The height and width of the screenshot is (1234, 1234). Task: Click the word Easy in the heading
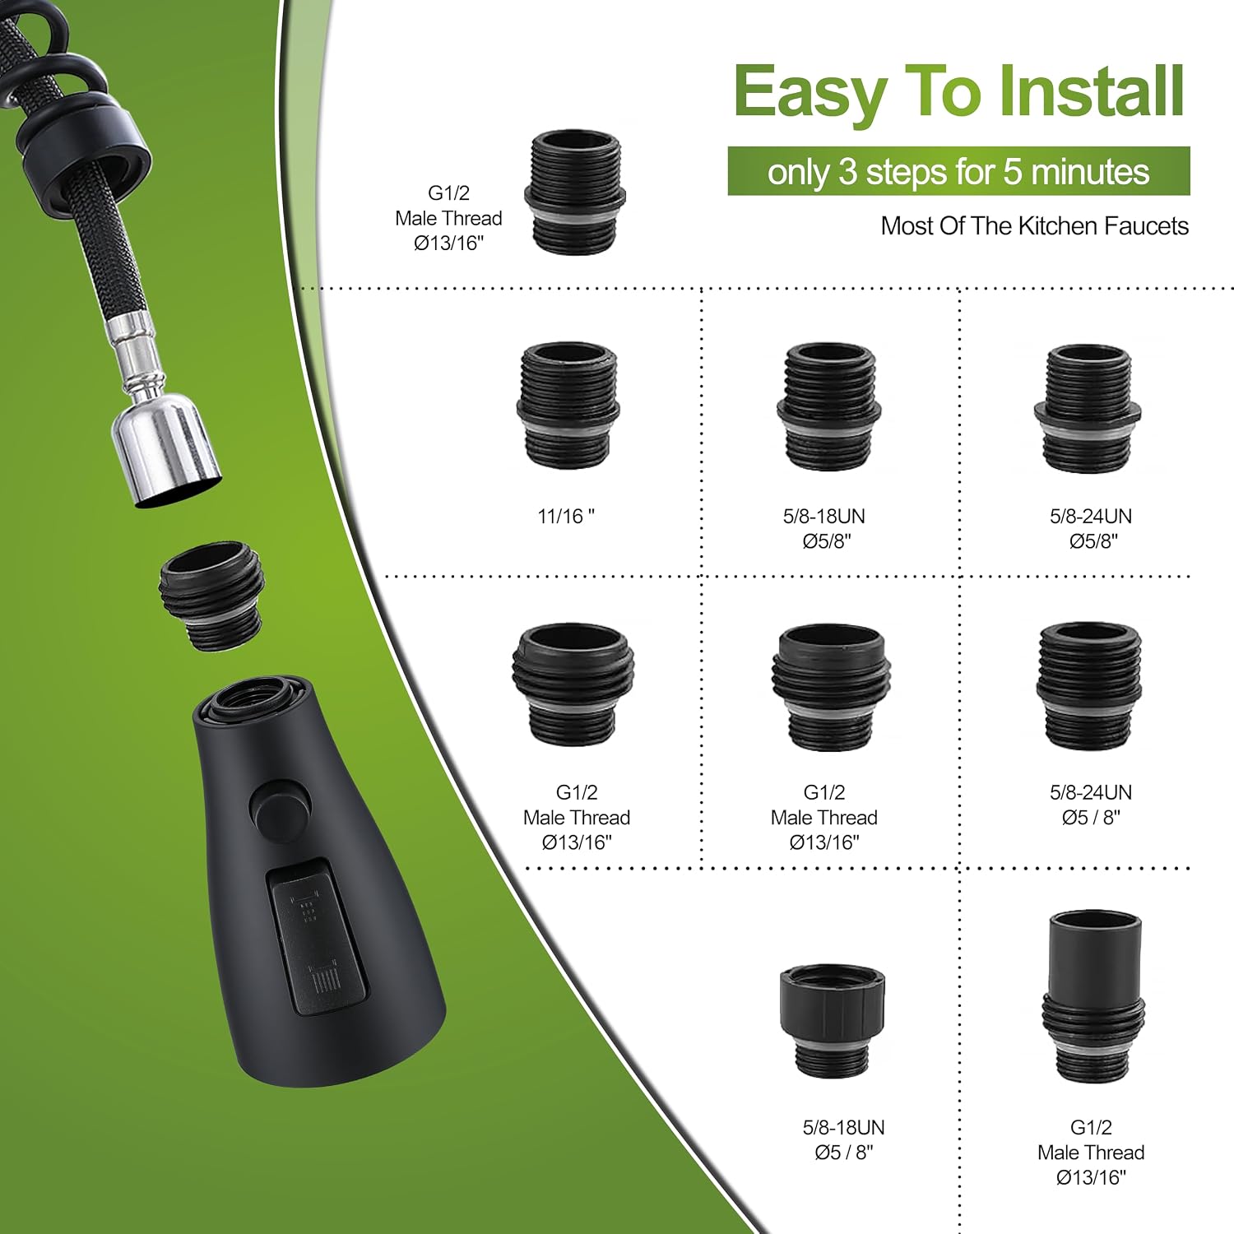(811, 93)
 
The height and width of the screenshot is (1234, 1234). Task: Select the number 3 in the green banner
(848, 172)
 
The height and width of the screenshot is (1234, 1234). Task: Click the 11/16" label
(566, 516)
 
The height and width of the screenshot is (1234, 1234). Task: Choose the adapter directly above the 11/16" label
(568, 405)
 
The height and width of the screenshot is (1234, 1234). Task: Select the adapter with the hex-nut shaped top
(833, 1020)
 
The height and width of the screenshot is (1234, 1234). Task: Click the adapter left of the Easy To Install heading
(574, 192)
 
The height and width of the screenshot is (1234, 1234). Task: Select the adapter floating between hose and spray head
(212, 596)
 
